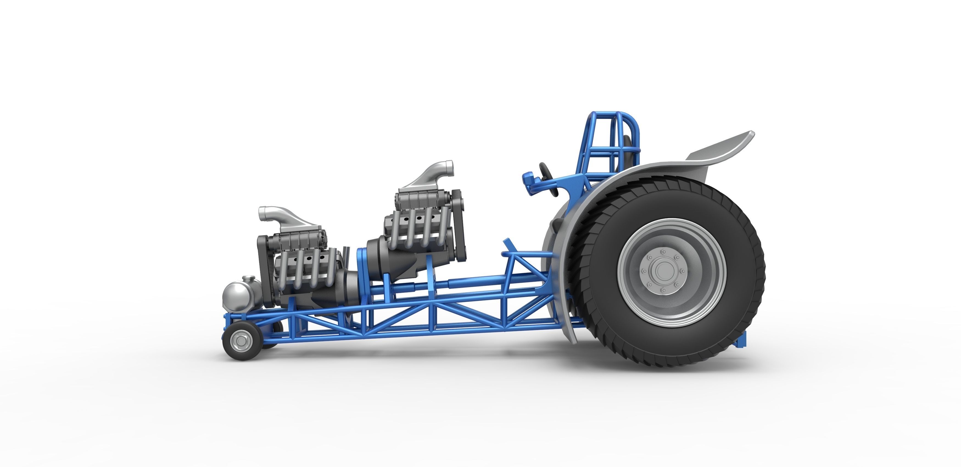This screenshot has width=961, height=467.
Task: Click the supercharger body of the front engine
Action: pyautogui.click(x=298, y=239)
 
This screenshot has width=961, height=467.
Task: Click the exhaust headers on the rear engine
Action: pyautogui.click(x=418, y=231)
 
